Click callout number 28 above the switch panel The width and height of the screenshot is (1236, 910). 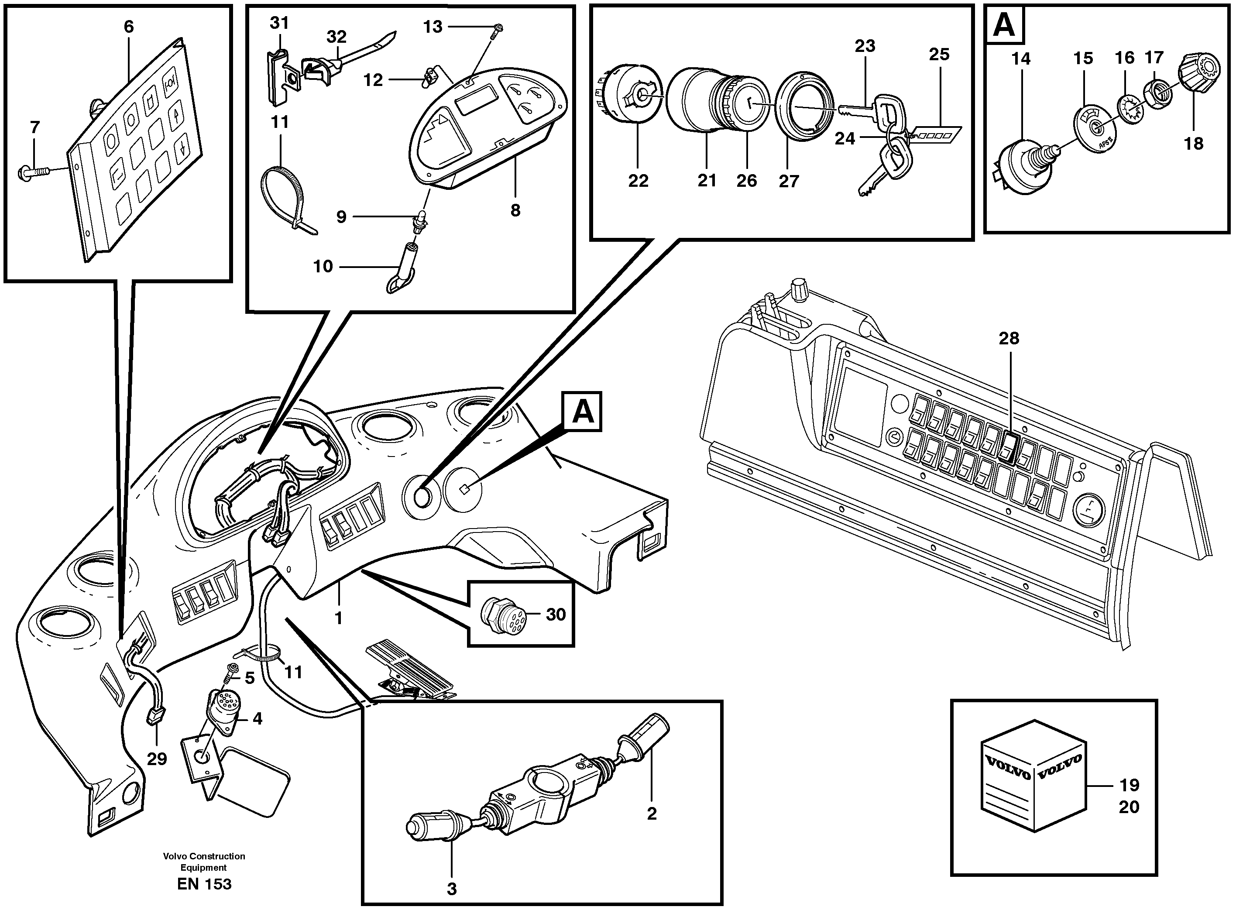[1009, 338]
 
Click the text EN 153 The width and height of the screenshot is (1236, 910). [204, 884]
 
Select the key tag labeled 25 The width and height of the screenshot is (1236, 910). [936, 134]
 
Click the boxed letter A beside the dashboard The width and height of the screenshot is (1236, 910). [582, 412]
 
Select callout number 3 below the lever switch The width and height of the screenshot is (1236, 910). [452, 889]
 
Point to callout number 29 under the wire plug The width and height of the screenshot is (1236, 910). [157, 759]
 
